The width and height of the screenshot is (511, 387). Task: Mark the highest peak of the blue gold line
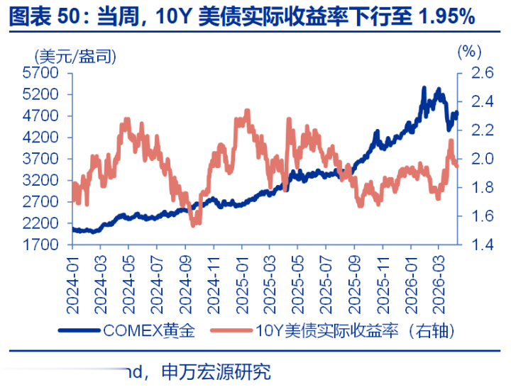pos(424,88)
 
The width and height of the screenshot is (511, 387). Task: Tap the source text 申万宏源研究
pos(216,371)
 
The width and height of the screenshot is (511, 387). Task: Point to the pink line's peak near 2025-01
pos(247,111)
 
